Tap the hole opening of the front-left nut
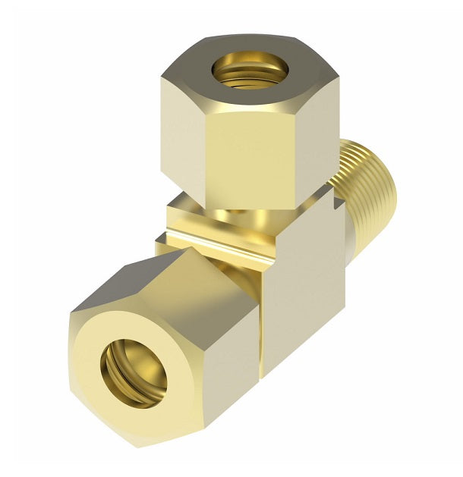click(134, 369)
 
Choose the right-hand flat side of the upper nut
click(319, 144)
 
